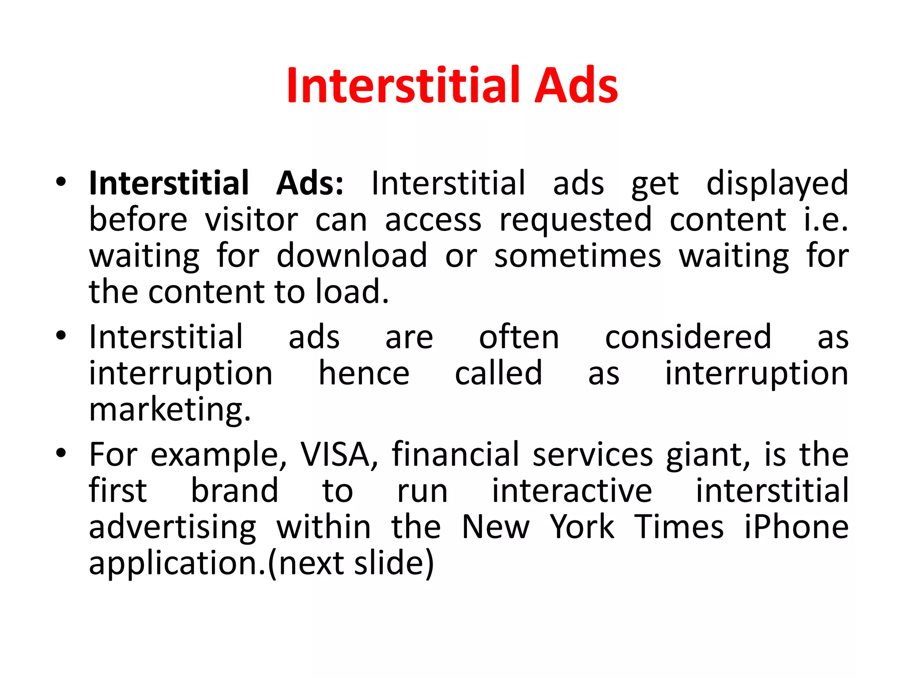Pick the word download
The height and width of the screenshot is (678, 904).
[352, 256]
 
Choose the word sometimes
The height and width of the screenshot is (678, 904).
[578, 256]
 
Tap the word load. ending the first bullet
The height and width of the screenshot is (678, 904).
[352, 292]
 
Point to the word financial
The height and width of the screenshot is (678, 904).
[456, 454]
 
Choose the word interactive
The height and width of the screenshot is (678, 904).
[572, 491]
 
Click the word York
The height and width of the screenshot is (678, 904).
[582, 527]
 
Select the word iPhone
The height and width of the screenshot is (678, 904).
[796, 527]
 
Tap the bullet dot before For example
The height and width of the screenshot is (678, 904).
[61, 453]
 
